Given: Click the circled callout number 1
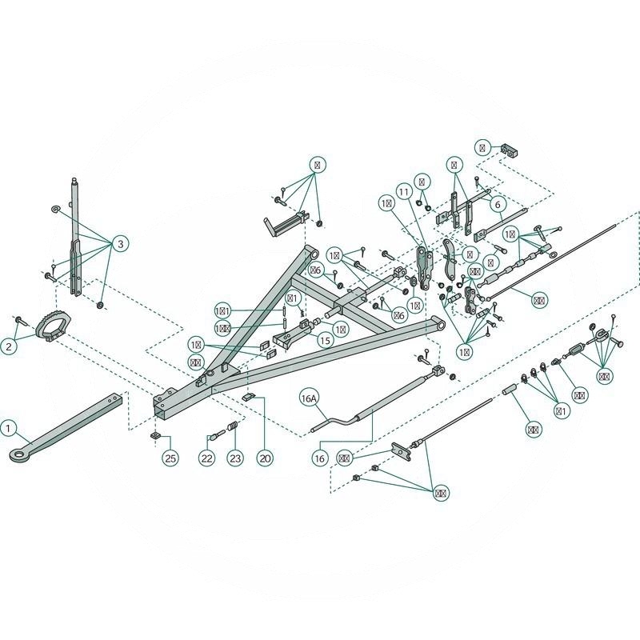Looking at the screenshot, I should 9,429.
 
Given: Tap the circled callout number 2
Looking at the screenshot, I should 9,346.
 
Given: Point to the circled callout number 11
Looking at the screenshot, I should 402,193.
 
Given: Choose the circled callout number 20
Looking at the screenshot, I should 265,458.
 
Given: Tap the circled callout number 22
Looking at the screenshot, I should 207,458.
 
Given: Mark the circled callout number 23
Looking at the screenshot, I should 234,458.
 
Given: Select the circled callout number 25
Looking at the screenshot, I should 170,458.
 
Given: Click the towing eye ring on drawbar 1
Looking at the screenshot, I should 18,455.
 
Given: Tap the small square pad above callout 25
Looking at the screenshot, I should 157,435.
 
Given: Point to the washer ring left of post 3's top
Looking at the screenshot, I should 54,209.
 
